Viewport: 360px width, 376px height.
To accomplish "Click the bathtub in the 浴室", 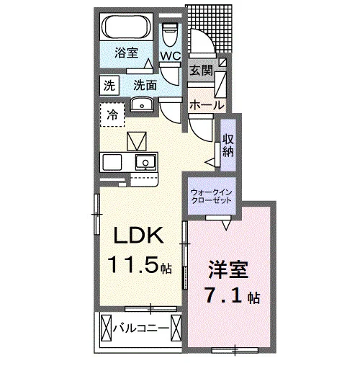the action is [126, 27].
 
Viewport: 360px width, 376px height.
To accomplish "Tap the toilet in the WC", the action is [170, 35].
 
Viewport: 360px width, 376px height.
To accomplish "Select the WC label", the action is [171, 56].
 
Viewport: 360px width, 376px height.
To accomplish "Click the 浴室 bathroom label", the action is [126, 53].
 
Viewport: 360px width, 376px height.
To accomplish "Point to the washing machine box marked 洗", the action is [109, 85].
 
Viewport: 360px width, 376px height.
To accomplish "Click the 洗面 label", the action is [145, 85].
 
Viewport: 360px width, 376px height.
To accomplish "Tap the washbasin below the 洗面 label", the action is [142, 104].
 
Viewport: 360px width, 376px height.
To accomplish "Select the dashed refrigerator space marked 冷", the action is [112, 115].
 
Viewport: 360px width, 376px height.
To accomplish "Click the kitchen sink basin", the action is [145, 162].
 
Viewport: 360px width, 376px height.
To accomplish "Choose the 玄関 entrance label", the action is [202, 71].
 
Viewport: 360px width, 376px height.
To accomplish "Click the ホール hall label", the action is [207, 105].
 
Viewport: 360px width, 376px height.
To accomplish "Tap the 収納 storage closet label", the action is [228, 146].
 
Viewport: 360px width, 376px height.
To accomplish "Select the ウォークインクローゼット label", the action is [211, 196].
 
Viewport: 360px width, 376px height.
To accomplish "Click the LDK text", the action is [138, 236].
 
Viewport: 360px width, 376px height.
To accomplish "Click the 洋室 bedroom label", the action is [228, 269].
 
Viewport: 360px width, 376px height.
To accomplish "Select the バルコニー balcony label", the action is [141, 328].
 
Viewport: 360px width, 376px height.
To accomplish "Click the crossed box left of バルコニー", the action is [107, 328].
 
